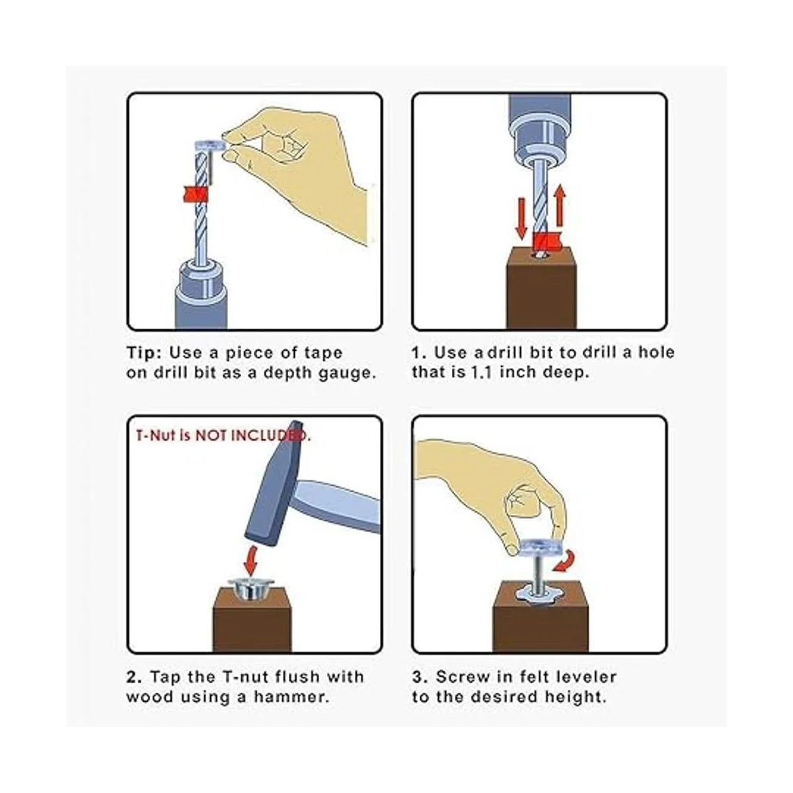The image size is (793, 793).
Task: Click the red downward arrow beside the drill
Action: [x=522, y=219]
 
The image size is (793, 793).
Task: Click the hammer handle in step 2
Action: [x=338, y=506]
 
